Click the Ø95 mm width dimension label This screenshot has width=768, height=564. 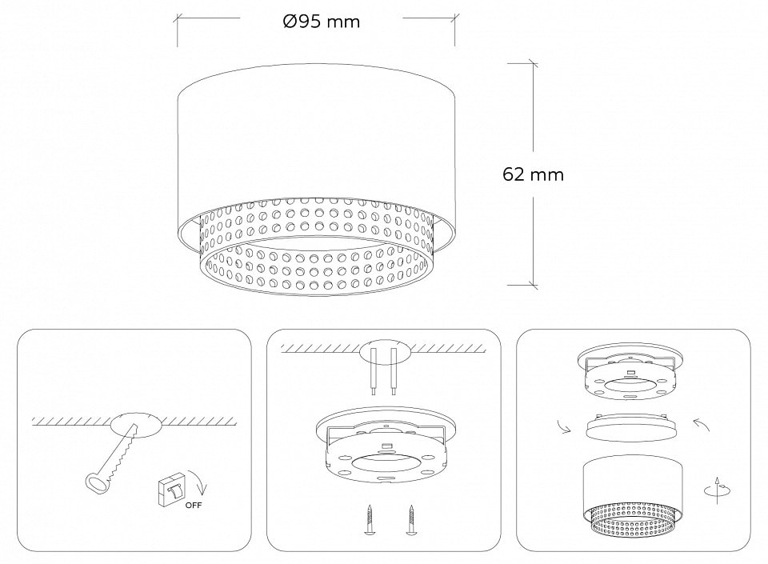(x=322, y=22)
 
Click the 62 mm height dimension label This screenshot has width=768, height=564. (x=533, y=174)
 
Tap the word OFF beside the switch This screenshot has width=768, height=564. (x=193, y=506)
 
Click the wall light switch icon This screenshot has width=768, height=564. (x=171, y=488)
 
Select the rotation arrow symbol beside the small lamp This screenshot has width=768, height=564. (x=717, y=490)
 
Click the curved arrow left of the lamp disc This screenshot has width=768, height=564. (x=564, y=426)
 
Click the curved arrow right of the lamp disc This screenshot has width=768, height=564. (x=702, y=424)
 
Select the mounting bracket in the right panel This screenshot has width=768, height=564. (x=630, y=372)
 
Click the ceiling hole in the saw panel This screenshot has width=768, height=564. (x=137, y=424)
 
